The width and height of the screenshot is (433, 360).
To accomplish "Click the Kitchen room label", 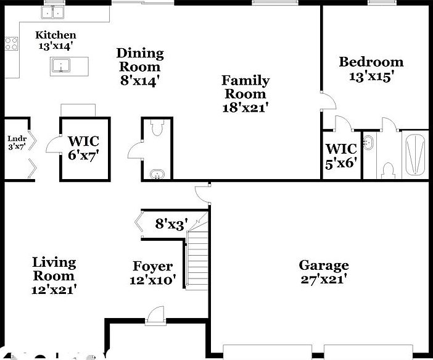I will [x=55, y=35].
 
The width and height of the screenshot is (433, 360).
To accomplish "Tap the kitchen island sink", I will [x=61, y=65].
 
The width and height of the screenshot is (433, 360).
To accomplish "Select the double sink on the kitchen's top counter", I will [x=54, y=12].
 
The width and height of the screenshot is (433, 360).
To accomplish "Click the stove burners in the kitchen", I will [x=11, y=43].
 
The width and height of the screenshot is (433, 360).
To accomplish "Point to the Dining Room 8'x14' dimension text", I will [x=140, y=80].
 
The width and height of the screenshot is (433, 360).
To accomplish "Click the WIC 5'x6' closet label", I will [x=340, y=149].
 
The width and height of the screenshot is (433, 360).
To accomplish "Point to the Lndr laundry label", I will [x=15, y=138].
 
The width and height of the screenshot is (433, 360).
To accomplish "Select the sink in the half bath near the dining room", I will [x=158, y=175].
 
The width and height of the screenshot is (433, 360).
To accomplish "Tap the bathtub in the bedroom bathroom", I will [x=414, y=153].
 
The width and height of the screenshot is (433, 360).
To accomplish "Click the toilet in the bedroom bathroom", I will [x=388, y=167].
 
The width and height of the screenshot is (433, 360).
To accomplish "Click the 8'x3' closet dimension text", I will [x=171, y=224].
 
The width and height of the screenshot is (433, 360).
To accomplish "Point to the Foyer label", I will [x=152, y=266].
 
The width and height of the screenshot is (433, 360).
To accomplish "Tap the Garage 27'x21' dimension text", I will [x=323, y=279].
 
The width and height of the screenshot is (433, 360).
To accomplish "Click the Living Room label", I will [x=54, y=269].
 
